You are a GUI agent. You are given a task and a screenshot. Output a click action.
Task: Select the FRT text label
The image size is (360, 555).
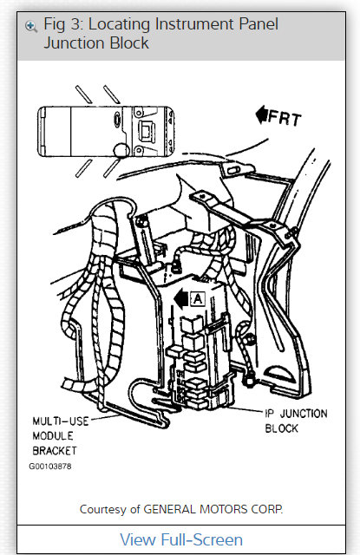(x=283, y=117)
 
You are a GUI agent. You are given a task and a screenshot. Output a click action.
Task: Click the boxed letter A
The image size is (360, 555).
(x=197, y=298)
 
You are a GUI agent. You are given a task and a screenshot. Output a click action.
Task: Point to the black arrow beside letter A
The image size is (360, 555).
(x=180, y=298)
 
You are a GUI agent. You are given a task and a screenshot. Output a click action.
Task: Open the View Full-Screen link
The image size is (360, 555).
(x=180, y=539)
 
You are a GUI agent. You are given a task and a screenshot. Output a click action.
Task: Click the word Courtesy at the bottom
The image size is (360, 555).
(x=106, y=508)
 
